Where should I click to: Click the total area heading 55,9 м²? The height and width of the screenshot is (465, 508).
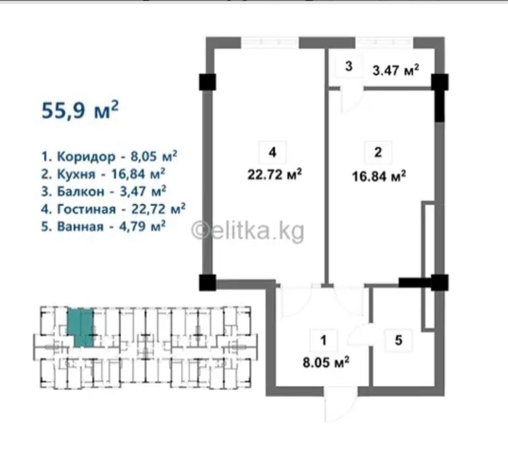pyautogui.click(x=80, y=110)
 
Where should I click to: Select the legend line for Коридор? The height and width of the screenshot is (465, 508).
pyautogui.click(x=109, y=156)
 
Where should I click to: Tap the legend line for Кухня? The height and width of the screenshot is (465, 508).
pyautogui.click(x=103, y=174)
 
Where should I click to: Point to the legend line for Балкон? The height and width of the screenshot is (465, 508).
pyautogui.click(x=104, y=192)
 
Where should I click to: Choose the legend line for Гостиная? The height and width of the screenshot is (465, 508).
pyautogui.click(x=114, y=209)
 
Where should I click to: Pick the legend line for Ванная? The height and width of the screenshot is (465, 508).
pyautogui.click(x=103, y=227)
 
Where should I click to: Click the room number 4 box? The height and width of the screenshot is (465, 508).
pyautogui.click(x=272, y=152)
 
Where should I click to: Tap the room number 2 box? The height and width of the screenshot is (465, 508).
pyautogui.click(x=378, y=152)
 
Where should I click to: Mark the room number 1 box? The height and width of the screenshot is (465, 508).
pyautogui.click(x=324, y=341)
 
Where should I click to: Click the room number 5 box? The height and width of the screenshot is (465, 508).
pyautogui.click(x=399, y=341)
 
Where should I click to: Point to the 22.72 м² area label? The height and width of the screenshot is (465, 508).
pyautogui.click(x=275, y=174)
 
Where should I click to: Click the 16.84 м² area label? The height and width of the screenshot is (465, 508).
pyautogui.click(x=379, y=177)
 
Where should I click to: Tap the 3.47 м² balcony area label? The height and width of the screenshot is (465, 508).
pyautogui.click(x=396, y=70)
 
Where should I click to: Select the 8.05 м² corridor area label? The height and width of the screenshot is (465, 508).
pyautogui.click(x=326, y=362)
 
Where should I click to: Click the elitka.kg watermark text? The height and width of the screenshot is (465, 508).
pyautogui.click(x=248, y=231)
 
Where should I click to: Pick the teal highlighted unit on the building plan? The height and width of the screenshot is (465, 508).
pyautogui.click(x=81, y=328)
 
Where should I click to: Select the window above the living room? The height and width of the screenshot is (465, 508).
pyautogui.click(x=270, y=42)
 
